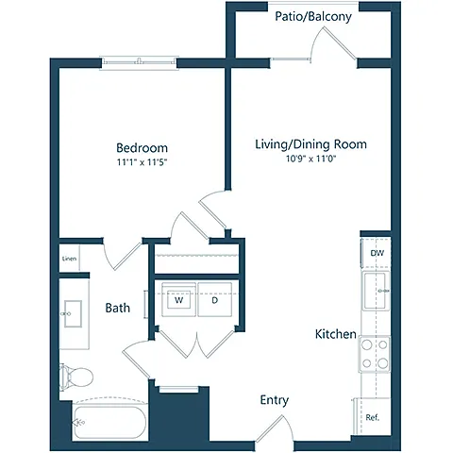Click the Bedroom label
click(x=142, y=148)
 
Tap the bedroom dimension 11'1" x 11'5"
click(x=142, y=162)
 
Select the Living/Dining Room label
click(x=310, y=144)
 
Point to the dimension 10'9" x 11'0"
click(x=310, y=159)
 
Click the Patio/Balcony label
click(x=313, y=16)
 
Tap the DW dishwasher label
click(x=377, y=253)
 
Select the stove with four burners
click(x=375, y=354)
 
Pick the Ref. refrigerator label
click(x=373, y=417)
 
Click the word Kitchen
click(x=336, y=334)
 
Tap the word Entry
click(x=275, y=400)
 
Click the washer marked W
click(x=178, y=299)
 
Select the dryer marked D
click(x=215, y=299)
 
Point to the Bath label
click(x=117, y=308)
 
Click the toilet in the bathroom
click(x=76, y=377)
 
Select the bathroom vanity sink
click(x=73, y=313)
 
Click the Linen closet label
click(x=69, y=259)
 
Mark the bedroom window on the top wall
click(x=139, y=63)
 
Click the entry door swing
click(x=275, y=429)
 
